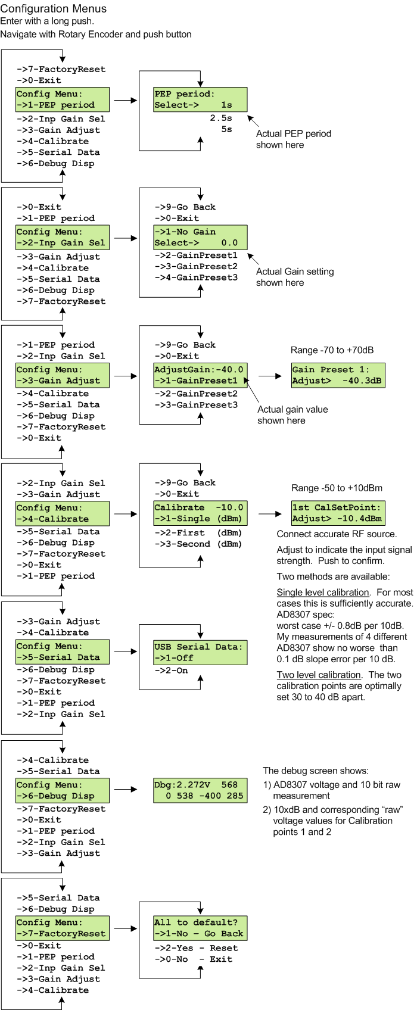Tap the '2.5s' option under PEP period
click(220, 118)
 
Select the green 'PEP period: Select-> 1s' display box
click(200, 99)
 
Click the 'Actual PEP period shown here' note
click(293, 139)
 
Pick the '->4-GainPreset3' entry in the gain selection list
click(196, 278)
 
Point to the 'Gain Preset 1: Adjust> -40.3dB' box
click(338, 375)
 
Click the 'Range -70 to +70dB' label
click(332, 350)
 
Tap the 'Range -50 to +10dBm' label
click(337, 488)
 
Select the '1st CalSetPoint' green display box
click(338, 513)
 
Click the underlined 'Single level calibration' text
click(323, 593)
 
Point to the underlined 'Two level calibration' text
click(319, 675)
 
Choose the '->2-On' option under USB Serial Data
click(171, 671)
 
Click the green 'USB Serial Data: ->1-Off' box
click(200, 652)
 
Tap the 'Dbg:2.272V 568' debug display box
click(200, 790)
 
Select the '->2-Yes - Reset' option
click(196, 947)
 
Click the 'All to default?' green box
click(200, 928)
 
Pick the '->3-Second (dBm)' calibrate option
click(198, 544)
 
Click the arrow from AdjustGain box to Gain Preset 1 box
click(270, 376)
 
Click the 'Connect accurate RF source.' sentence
click(337, 534)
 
